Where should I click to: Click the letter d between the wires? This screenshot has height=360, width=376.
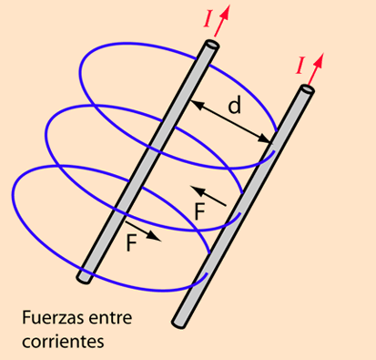coord(235,106)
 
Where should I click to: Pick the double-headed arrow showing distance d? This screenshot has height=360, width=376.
coord(231,121)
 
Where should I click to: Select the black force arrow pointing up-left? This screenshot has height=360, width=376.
coord(208,193)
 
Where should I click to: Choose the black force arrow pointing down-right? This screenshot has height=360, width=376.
coord(143,231)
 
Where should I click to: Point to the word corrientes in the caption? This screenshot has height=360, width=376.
coord(60,343)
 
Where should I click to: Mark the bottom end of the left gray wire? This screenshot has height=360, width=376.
coord(85,273)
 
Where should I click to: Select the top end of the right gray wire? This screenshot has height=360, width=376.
coord(307,90)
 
